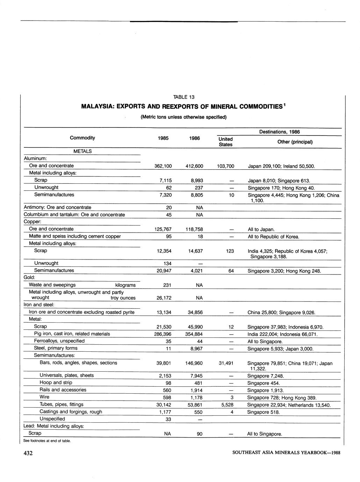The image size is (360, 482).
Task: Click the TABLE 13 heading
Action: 184,97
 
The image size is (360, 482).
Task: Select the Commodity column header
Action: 82,138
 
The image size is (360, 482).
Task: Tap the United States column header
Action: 225,142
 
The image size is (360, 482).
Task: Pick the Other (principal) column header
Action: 295,142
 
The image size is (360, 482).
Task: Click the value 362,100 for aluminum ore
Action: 163,166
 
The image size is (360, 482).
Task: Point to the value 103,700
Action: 225,166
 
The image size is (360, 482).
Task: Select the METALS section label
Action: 82,151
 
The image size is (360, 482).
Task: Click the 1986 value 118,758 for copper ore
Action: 194,229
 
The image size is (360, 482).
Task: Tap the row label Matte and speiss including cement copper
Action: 75,236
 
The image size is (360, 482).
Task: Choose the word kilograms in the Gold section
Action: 125,285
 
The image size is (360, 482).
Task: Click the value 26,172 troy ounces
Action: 163,298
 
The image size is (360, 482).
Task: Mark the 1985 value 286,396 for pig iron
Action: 163,334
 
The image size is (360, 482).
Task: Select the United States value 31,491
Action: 226,363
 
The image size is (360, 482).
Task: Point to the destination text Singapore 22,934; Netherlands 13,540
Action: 289,405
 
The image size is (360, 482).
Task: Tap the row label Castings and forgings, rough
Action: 71,412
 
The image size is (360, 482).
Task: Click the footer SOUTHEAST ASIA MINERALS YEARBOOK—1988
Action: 286,453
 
